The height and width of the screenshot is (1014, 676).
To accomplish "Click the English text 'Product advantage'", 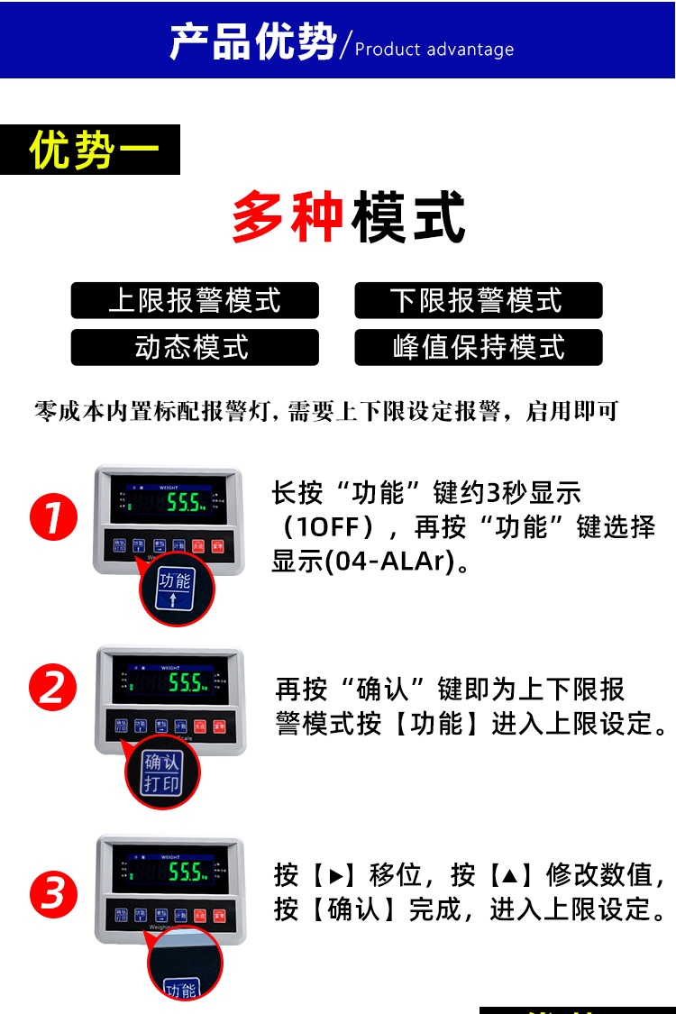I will (434, 50).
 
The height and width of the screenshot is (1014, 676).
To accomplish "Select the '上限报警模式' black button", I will (195, 301).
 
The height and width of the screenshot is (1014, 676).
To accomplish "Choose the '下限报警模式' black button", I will (478, 301).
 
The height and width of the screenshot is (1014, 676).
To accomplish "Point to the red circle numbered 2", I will (53, 689).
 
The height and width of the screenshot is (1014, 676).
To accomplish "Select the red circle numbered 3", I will (53, 895).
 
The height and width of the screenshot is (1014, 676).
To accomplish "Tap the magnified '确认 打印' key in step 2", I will (162, 773).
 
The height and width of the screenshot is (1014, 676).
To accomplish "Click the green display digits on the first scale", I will (185, 501).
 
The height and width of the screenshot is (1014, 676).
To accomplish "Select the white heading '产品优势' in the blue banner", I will (252, 42).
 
